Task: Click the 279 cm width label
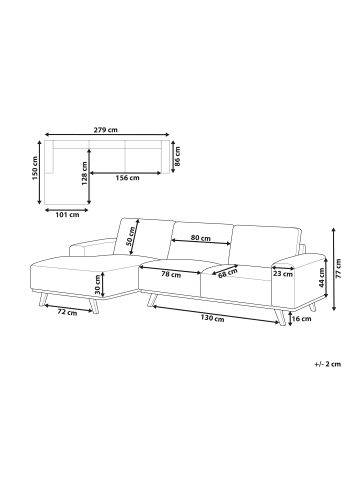coord(105,130)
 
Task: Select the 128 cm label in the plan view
coord(84,174)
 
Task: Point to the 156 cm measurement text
coord(127,178)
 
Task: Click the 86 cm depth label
coord(178,157)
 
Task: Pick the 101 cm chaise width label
coord(67,215)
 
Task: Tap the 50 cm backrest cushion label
coord(132,236)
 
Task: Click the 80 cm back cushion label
coord(201,238)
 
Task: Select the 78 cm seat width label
coord(171,275)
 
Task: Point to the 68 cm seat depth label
coord(228,273)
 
